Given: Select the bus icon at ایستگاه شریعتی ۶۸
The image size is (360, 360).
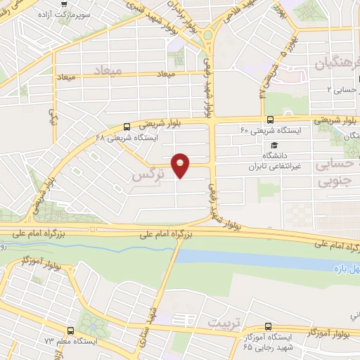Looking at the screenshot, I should coord(126,127).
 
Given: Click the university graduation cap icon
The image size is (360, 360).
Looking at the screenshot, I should coord(271,144).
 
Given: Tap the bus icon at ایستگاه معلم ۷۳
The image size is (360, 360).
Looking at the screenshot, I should coord(70,330).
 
